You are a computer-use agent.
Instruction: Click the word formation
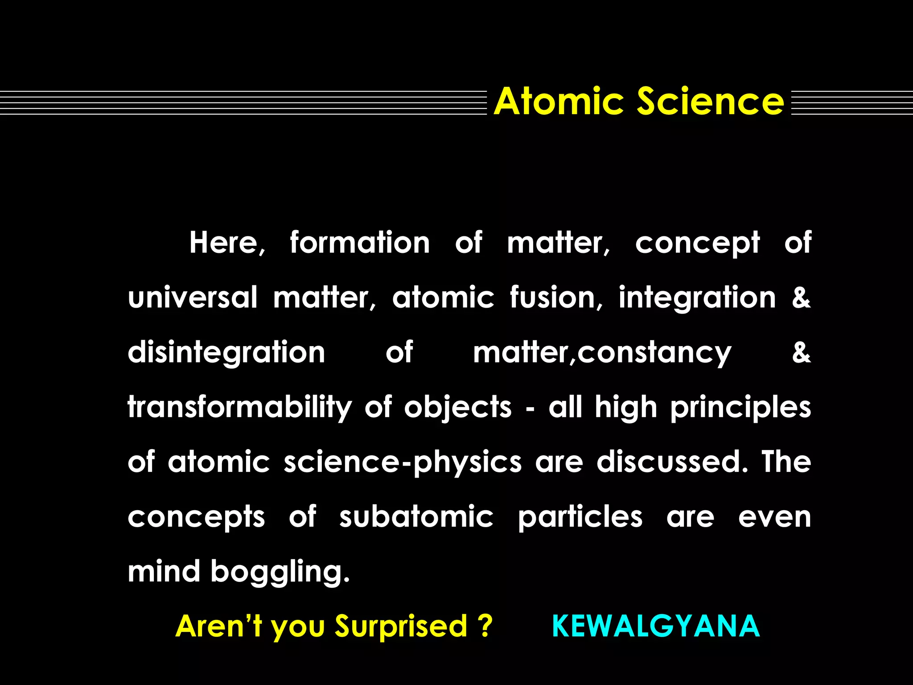(360, 243)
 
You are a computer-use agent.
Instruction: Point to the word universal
(193, 298)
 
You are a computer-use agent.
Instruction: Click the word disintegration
(226, 353)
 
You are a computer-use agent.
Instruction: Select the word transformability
(240, 408)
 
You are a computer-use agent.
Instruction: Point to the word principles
(740, 408)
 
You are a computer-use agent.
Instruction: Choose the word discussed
(672, 462)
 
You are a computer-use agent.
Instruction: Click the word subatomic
(416, 517)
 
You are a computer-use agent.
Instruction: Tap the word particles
(580, 517)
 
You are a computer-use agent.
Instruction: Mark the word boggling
(280, 573)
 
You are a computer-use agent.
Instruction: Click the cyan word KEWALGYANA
(656, 626)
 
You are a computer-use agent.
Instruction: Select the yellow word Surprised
(401, 627)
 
